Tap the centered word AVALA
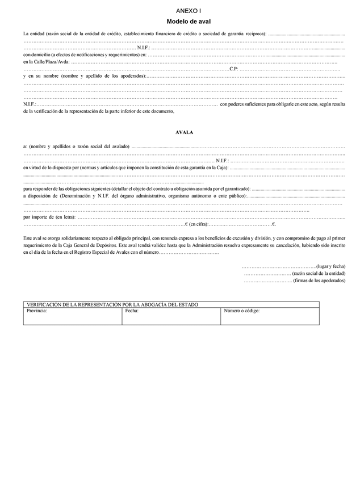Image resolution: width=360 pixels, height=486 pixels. [185, 132]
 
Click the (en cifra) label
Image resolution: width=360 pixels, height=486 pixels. [199, 224]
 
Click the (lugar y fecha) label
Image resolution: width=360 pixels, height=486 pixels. [330, 266]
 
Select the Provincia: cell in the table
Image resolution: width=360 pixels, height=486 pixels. [37, 311]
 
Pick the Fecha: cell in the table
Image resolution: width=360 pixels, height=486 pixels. [132, 311]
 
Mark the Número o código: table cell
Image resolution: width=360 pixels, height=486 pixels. [242, 311]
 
